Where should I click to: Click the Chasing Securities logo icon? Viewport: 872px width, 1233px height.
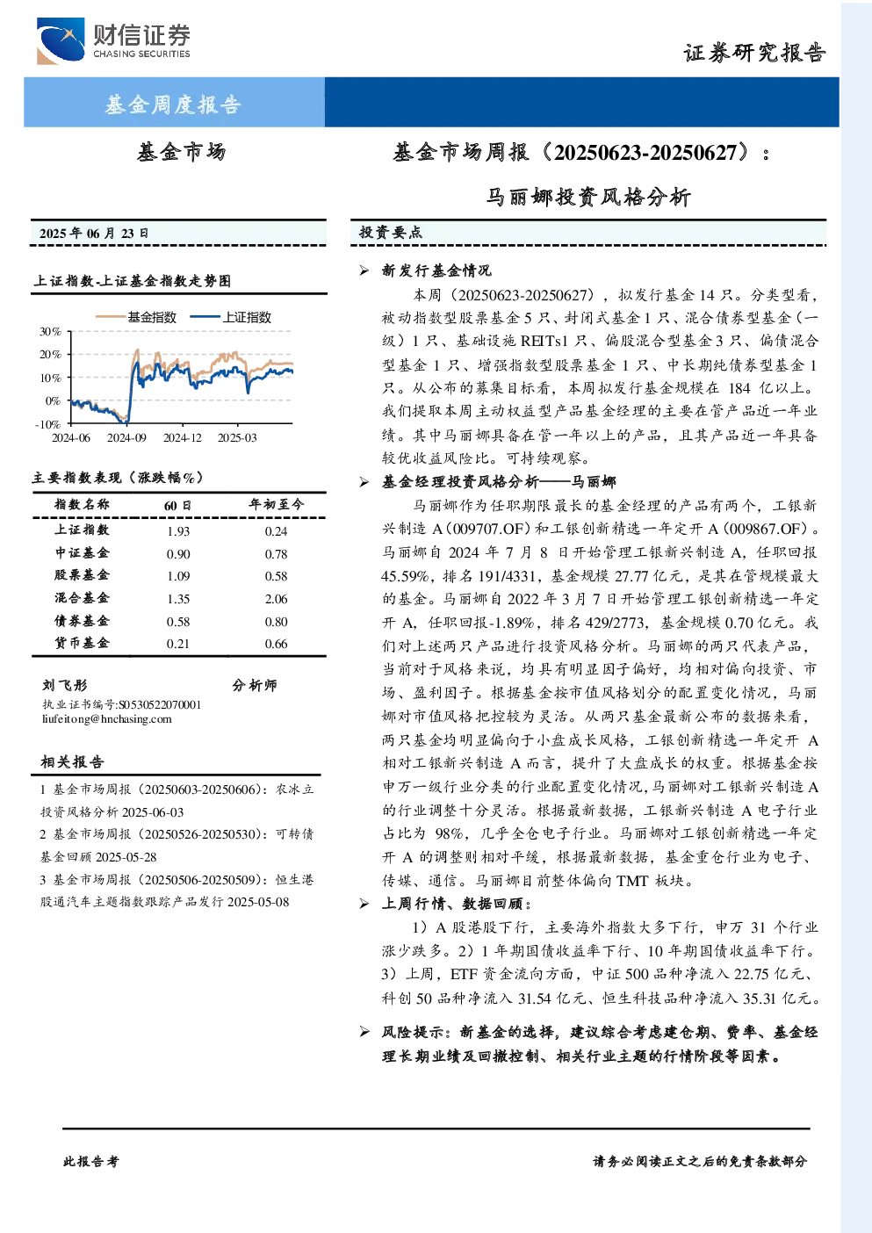pyautogui.click(x=61, y=40)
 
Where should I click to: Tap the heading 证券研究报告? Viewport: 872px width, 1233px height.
pyautogui.click(x=754, y=53)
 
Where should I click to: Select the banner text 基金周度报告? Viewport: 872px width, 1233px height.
pyautogui.click(x=173, y=104)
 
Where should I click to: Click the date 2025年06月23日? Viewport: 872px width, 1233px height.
pyautogui.click(x=94, y=233)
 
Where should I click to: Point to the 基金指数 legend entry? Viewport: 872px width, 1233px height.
pyautogui.click(x=136, y=317)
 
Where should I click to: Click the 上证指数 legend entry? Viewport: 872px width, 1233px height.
pyautogui.click(x=231, y=317)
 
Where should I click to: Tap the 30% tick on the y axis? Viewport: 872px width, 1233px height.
pyautogui.click(x=50, y=331)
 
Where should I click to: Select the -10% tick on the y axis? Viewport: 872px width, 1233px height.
pyautogui.click(x=48, y=424)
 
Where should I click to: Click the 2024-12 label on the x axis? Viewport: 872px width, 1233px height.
pyautogui.click(x=183, y=437)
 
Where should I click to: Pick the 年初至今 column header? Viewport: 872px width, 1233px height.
pyautogui.click(x=277, y=504)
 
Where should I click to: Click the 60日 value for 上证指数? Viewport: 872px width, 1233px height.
pyautogui.click(x=178, y=531)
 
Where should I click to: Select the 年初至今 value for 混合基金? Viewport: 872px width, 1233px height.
pyautogui.click(x=277, y=599)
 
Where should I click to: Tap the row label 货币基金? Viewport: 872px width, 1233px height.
pyautogui.click(x=82, y=643)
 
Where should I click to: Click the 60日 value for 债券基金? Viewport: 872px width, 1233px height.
pyautogui.click(x=178, y=622)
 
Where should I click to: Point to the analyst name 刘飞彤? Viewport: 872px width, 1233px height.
pyautogui.click(x=65, y=685)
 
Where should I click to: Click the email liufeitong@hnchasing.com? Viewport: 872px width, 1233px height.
pyautogui.click(x=107, y=719)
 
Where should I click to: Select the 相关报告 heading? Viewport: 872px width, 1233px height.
pyautogui.click(x=72, y=761)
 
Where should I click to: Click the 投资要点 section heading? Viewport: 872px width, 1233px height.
pyautogui.click(x=391, y=233)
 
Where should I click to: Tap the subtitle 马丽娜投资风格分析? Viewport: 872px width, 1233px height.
pyautogui.click(x=588, y=197)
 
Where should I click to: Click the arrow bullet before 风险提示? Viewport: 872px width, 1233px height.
pyautogui.click(x=364, y=1031)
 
